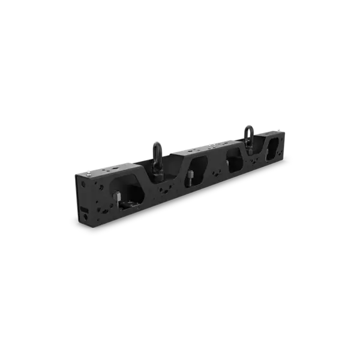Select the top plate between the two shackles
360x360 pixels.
pos(198,148)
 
